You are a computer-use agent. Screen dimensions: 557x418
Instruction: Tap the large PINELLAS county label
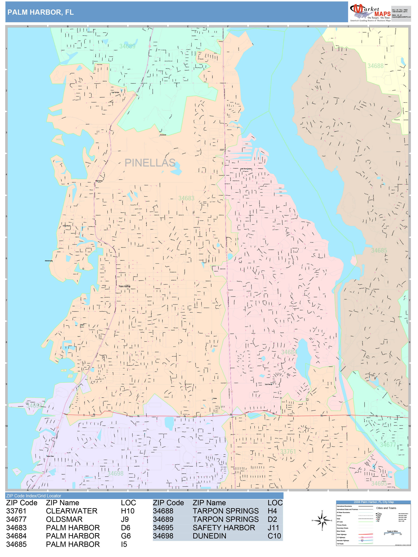click(150, 163)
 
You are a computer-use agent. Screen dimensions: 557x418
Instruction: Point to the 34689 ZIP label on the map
click(127, 46)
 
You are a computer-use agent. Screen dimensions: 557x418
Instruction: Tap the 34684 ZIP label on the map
click(289, 352)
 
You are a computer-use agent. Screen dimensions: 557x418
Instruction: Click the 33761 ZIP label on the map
click(288, 451)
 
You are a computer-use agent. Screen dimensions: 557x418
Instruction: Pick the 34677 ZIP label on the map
click(388, 445)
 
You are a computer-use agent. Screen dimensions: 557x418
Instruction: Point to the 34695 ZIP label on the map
click(379, 483)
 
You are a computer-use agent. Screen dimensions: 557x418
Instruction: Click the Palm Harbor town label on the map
click(124, 286)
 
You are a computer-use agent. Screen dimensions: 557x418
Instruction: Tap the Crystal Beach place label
click(66, 226)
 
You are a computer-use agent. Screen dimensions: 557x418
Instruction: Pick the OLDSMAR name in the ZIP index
click(64, 519)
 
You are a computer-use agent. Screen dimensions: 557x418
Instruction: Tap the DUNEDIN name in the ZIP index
click(209, 536)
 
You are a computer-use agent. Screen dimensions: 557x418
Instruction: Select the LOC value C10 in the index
click(274, 536)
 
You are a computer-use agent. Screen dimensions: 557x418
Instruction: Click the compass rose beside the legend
click(322, 520)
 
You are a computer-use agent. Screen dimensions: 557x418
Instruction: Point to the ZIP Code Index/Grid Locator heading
click(34, 496)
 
